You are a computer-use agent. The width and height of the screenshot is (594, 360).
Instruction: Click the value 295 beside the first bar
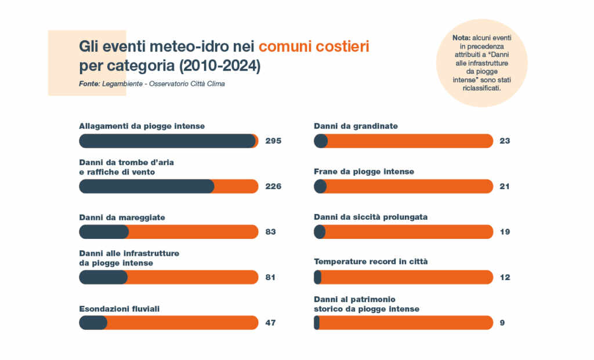point(273,141)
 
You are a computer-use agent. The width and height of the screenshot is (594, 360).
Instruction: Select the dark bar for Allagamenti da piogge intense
point(167,141)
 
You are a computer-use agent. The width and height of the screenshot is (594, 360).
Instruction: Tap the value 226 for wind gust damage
point(273,186)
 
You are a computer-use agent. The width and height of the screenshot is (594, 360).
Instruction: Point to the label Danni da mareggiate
point(122,217)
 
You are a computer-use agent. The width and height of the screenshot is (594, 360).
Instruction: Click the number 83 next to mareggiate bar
point(270,232)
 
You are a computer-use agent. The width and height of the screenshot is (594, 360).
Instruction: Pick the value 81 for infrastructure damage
point(270,277)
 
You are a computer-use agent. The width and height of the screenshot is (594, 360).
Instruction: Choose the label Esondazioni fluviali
point(119,309)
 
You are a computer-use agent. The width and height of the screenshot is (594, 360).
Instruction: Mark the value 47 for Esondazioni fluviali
point(270,322)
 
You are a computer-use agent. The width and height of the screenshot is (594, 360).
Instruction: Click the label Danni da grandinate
point(356,126)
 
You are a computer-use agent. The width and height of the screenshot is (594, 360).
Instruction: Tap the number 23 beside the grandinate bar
point(505,141)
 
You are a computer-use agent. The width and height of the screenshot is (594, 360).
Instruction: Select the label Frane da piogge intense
point(364,172)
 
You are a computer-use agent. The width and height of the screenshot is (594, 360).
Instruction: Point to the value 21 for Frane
point(505,186)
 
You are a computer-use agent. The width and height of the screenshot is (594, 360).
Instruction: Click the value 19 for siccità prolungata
point(505,232)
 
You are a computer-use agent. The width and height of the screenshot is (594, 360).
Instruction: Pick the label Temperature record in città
point(371,262)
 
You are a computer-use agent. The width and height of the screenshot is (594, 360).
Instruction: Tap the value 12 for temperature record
point(505,277)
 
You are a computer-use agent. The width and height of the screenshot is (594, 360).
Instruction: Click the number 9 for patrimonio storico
point(502,322)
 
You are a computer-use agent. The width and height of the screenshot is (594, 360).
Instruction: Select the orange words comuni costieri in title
point(314,46)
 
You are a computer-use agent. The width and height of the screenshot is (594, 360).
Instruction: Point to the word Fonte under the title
point(89,84)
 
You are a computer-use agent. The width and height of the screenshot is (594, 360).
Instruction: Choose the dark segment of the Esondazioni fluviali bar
point(93,322)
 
